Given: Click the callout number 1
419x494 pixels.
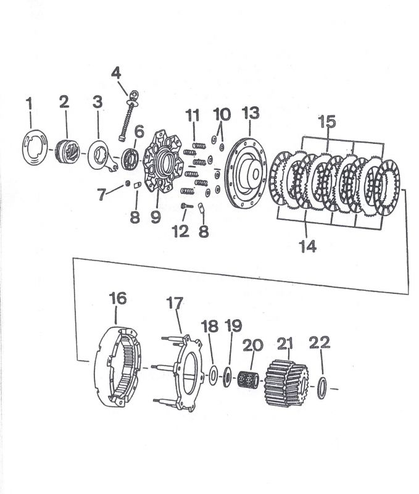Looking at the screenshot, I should (x=29, y=103).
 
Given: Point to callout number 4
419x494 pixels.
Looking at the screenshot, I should (x=116, y=73).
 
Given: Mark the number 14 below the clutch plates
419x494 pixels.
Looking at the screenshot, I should (x=307, y=246).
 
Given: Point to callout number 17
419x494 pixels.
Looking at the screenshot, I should (x=175, y=303).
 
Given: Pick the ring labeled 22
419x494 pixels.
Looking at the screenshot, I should (x=322, y=388).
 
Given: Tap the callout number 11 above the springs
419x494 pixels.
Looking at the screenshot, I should (x=193, y=115).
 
